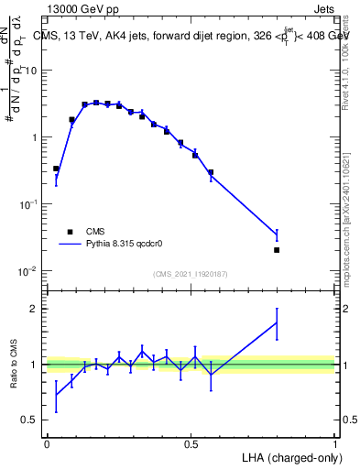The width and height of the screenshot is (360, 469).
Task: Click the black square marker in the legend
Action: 69,232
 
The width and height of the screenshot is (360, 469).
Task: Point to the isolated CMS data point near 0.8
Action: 277,249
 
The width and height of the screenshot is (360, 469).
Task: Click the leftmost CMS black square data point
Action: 56,169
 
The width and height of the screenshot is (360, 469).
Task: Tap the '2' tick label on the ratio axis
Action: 34,309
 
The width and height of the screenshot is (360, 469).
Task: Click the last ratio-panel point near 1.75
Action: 277,322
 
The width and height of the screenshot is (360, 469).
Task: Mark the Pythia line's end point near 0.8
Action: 277,236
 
